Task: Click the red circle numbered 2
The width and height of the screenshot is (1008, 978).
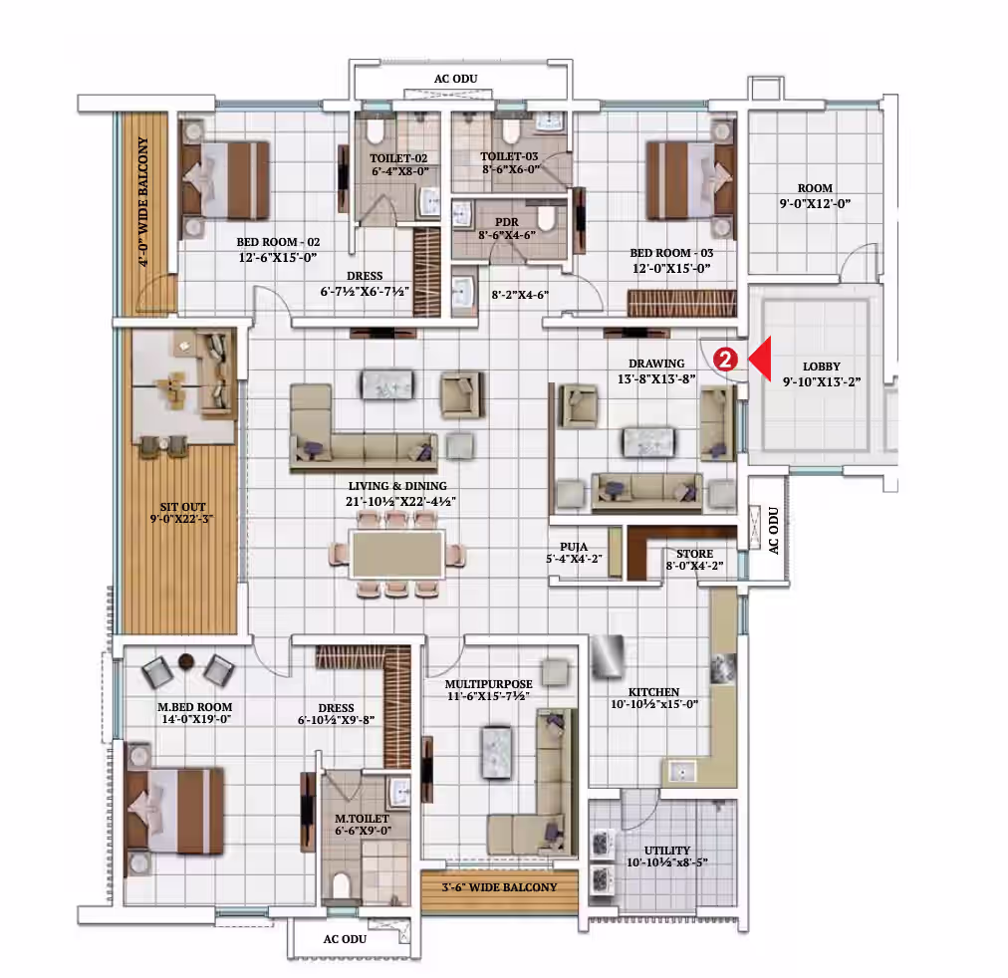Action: pyautogui.click(x=725, y=360)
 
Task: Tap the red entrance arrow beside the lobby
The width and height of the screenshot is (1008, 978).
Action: pyautogui.click(x=761, y=359)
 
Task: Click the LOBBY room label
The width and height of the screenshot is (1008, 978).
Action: pyautogui.click(x=821, y=367)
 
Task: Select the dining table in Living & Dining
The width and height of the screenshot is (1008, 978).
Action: pyautogui.click(x=396, y=554)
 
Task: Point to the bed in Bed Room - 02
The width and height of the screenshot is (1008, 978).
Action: pyautogui.click(x=225, y=180)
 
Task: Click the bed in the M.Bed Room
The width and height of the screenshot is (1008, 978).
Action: pyautogui.click(x=175, y=811)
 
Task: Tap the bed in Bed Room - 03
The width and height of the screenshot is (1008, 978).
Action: pyautogui.click(x=690, y=180)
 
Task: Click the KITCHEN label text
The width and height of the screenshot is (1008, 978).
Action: pyautogui.click(x=653, y=692)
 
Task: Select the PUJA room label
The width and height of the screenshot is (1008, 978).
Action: pyautogui.click(x=574, y=547)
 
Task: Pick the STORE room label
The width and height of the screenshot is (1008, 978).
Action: pyautogui.click(x=694, y=554)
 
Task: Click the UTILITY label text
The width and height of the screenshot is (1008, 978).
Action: pyautogui.click(x=666, y=851)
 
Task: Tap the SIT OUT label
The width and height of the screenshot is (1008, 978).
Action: pyautogui.click(x=182, y=506)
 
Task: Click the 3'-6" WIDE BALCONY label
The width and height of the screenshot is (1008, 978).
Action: pyautogui.click(x=499, y=887)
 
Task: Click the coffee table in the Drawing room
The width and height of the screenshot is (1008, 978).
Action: pyautogui.click(x=648, y=442)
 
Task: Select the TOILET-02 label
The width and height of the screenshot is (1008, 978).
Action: pyautogui.click(x=398, y=158)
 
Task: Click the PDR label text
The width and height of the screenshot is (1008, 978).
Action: pyautogui.click(x=507, y=222)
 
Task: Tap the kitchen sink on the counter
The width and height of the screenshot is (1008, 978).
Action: pyautogui.click(x=680, y=771)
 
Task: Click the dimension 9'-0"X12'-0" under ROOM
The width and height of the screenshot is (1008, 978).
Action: pyautogui.click(x=815, y=204)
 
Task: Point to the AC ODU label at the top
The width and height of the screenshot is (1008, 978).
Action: pyautogui.click(x=456, y=79)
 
